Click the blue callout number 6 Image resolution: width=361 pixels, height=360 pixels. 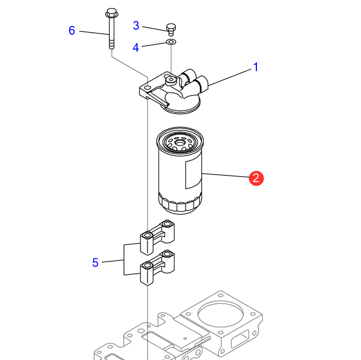[x=72, y=30]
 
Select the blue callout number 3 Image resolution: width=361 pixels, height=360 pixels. [x=136, y=25]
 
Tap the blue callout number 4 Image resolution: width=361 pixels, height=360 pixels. [x=136, y=47]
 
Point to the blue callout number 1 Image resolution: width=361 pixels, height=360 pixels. [x=255, y=67]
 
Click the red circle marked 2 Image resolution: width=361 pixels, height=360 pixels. [x=256, y=178]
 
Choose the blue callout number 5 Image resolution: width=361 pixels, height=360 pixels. [x=95, y=263]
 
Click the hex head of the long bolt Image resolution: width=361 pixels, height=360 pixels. [x=111, y=12]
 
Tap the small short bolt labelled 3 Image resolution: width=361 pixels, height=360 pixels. [x=171, y=28]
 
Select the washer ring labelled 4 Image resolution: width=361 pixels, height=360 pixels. [x=171, y=42]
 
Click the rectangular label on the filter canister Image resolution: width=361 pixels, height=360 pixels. [x=191, y=173]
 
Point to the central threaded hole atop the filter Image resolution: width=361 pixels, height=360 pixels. [x=180, y=141]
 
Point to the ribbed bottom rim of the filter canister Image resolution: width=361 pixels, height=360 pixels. [x=180, y=205]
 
